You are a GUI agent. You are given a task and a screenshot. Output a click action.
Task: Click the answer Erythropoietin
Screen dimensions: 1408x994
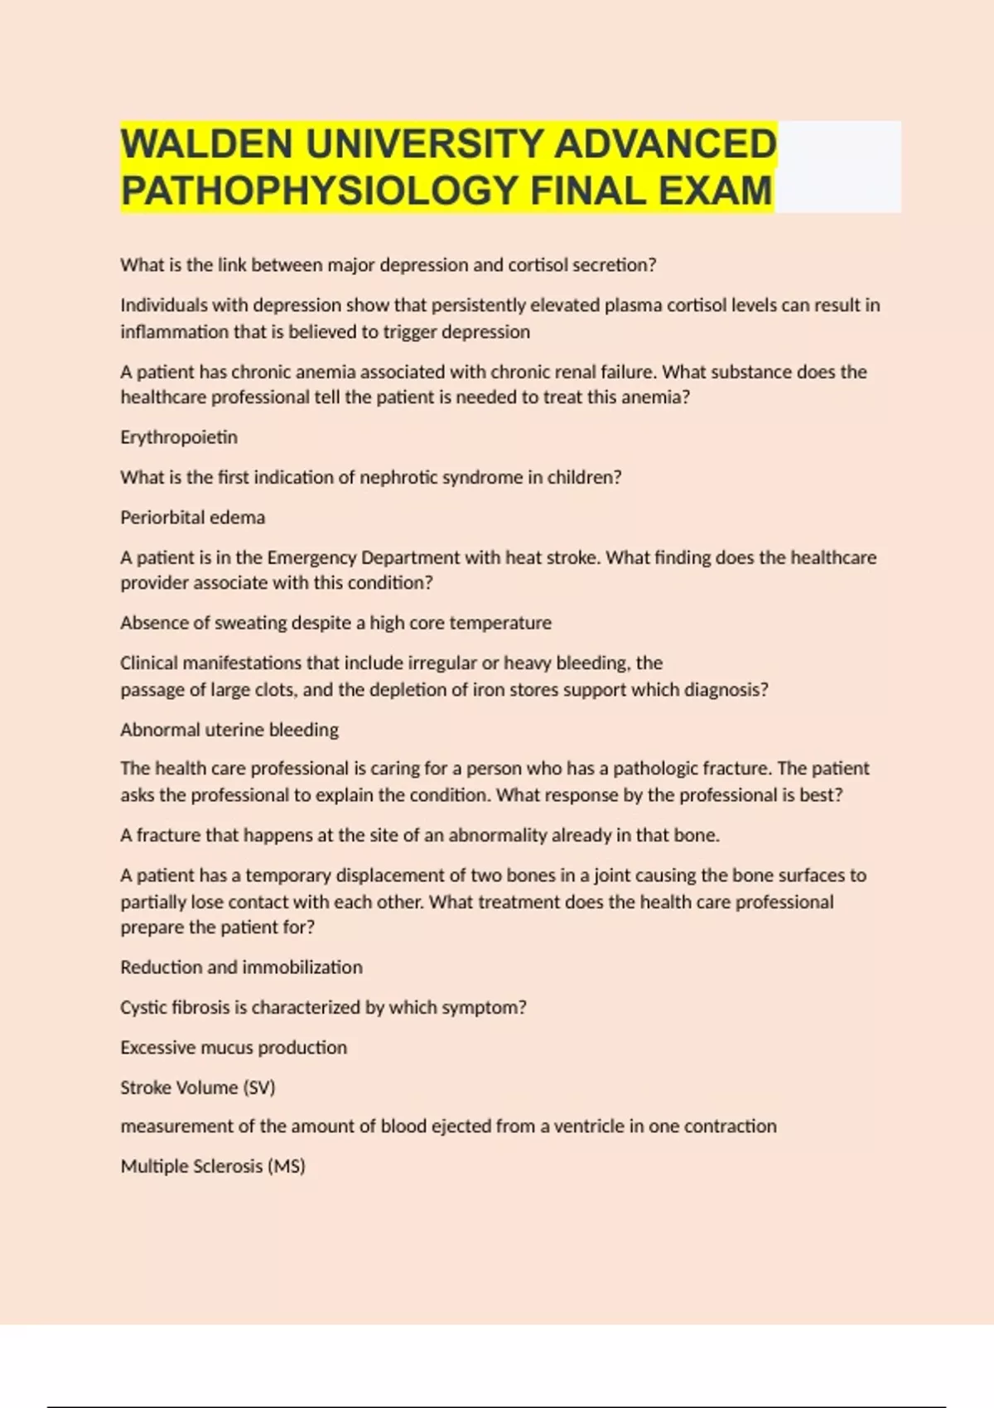point(179,437)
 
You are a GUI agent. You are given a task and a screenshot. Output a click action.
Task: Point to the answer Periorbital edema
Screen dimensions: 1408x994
point(192,518)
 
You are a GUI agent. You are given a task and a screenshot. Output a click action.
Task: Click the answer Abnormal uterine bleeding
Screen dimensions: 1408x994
point(229,730)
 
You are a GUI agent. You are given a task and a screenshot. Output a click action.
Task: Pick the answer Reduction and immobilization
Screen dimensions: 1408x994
point(241,967)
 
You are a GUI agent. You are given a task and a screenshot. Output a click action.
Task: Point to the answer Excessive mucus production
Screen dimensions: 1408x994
point(234,1048)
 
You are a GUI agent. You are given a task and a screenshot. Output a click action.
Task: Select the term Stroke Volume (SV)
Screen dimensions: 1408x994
point(197,1087)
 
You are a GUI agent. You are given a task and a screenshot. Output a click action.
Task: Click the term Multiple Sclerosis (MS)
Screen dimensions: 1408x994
point(213,1166)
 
